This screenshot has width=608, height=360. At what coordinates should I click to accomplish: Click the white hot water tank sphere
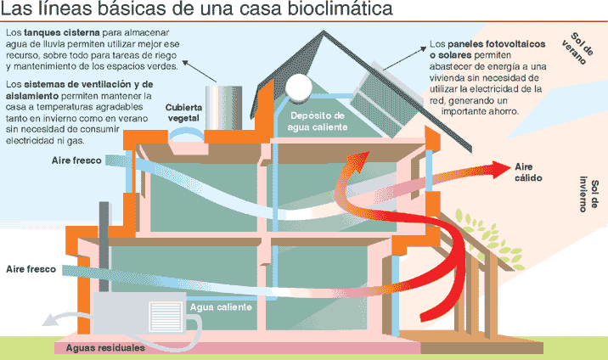coord(298,86)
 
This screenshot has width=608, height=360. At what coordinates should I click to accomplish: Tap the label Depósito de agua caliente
coord(318,121)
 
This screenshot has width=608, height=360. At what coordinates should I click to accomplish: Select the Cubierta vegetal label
coord(183,113)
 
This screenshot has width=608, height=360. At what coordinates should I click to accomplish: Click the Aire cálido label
coord(528,172)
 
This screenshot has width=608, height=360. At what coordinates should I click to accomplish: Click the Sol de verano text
coord(577,48)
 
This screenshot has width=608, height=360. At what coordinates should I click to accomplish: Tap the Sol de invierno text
coord(588,194)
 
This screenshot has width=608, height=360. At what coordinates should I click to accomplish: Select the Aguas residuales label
coord(105,347)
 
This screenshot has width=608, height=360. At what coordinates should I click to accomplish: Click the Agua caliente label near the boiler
coord(221,307)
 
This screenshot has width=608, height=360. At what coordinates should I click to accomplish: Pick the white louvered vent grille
coord(166,318)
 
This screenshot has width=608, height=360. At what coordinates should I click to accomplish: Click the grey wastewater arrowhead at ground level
coord(48,321)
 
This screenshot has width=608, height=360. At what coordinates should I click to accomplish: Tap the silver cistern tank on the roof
coord(223,108)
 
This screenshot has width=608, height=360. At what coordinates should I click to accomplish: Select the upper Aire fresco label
coord(76,160)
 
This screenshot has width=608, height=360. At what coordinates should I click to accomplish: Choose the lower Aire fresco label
coord(31,269)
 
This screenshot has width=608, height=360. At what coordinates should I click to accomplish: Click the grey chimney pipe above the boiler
coord(104,247)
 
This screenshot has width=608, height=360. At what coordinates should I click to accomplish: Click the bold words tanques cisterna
coord(62,32)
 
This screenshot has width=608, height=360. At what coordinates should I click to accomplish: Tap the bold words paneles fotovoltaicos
coord(496,44)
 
